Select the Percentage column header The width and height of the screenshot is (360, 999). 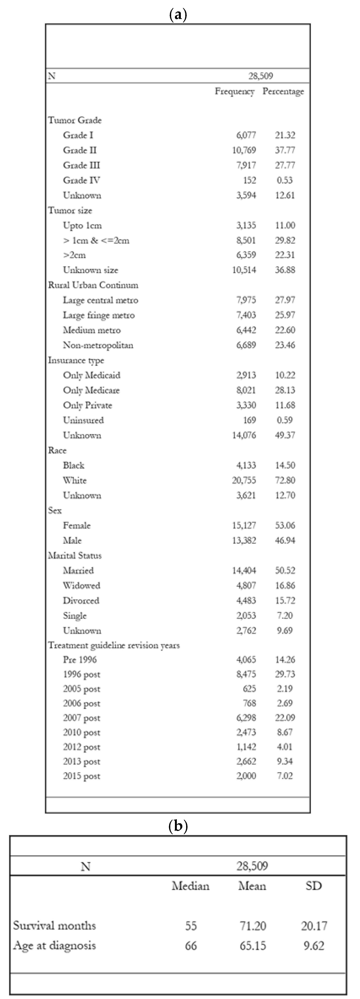(283, 91)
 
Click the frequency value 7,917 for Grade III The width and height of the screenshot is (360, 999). (246, 165)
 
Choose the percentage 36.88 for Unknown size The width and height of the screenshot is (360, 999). (285, 270)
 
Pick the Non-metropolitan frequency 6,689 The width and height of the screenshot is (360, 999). (246, 345)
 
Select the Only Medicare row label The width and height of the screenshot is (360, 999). (91, 390)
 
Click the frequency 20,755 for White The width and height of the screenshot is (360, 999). (244, 480)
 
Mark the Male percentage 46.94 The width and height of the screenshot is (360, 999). (285, 540)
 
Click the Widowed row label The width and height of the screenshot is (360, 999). (82, 585)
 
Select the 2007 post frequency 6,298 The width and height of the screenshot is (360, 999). (246, 717)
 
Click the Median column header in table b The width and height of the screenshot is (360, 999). (191, 886)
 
